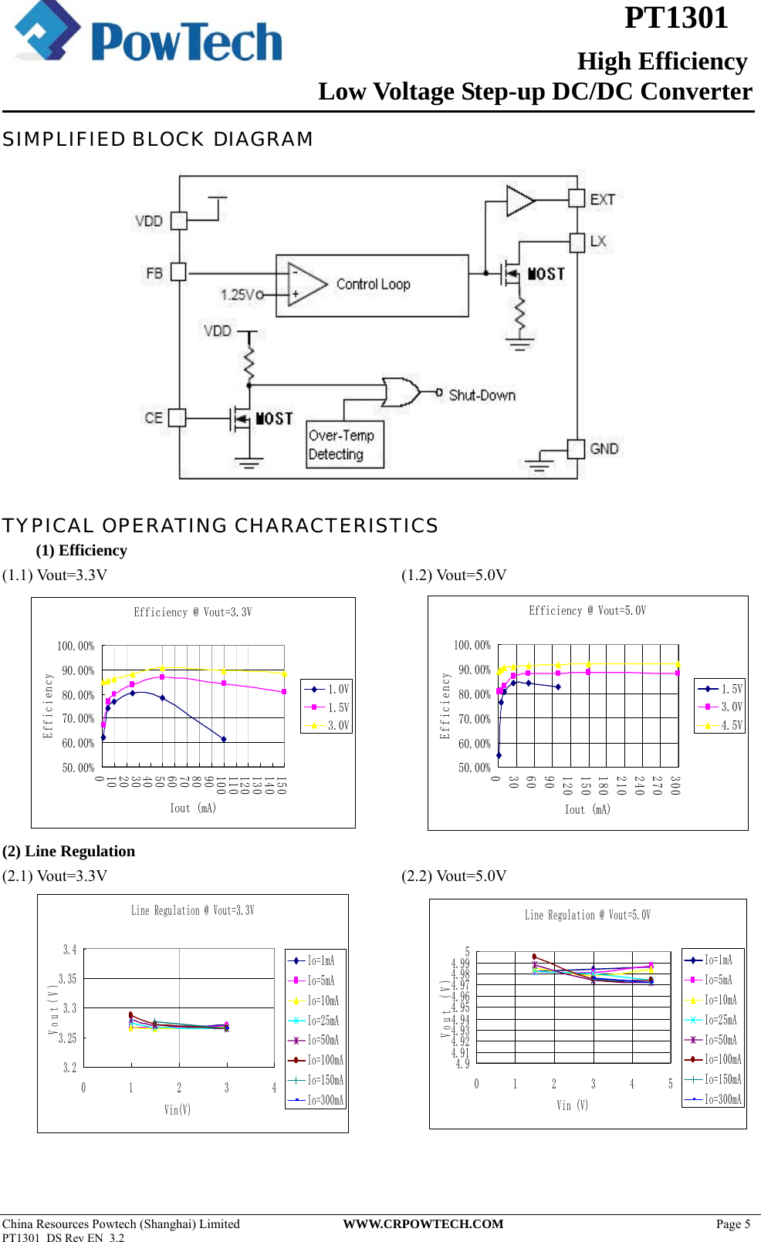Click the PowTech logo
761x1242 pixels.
click(x=148, y=35)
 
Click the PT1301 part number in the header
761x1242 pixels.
click(x=675, y=18)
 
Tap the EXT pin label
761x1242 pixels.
click(x=603, y=199)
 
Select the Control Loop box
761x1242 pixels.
click(x=373, y=285)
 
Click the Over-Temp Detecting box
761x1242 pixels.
click(x=345, y=445)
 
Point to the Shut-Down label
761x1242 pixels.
click(x=482, y=395)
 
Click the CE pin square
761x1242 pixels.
click(x=177, y=417)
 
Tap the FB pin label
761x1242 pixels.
click(x=154, y=273)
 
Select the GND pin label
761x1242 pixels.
click(x=604, y=448)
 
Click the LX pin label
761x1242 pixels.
click(x=598, y=241)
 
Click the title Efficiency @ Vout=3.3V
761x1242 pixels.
click(x=193, y=613)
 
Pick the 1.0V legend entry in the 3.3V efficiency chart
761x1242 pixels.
click(x=327, y=689)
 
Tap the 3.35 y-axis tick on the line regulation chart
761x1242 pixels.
click(x=68, y=979)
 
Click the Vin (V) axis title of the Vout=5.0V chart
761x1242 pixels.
click(x=572, y=1105)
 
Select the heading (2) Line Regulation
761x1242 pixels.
click(x=69, y=851)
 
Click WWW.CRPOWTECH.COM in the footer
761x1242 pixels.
click(x=423, y=1223)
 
